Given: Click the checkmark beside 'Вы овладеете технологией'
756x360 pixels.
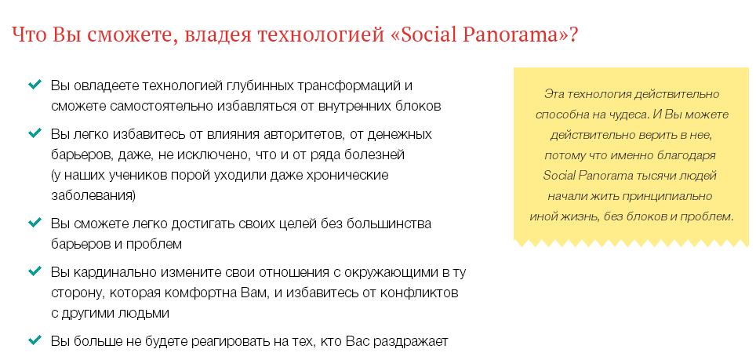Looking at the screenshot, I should click(x=35, y=84).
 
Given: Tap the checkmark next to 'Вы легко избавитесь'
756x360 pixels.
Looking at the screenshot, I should click(x=35, y=133).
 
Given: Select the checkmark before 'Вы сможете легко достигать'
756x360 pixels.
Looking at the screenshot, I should click(x=35, y=223).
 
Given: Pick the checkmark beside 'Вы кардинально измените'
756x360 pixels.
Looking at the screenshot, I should click(x=35, y=271).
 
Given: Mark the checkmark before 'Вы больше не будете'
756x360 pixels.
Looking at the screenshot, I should click(x=35, y=340).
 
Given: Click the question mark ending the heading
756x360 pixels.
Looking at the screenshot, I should click(x=575, y=37).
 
